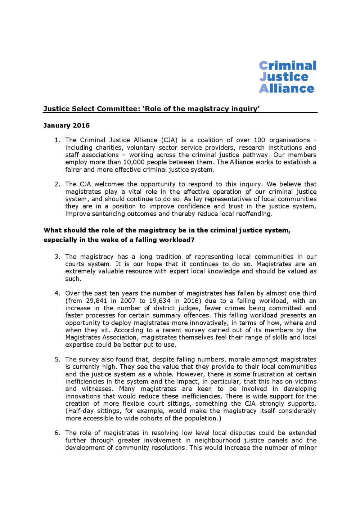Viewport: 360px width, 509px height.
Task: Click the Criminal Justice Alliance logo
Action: [x=287, y=77]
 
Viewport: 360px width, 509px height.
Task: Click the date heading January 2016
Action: [x=66, y=126]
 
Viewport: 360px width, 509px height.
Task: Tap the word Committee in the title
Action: [x=116, y=109]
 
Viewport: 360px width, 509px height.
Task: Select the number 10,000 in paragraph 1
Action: [x=136, y=162]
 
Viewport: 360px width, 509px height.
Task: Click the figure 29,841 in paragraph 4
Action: [x=96, y=301]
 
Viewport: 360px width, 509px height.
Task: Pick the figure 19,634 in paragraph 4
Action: [x=158, y=301]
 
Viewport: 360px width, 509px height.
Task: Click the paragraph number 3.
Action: [x=57, y=257]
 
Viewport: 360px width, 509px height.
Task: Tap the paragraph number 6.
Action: [x=57, y=433]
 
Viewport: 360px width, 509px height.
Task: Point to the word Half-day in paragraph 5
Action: [x=80, y=411]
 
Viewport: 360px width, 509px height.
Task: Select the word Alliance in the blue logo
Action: [x=286, y=89]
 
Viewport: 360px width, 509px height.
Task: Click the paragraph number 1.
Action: [x=57, y=140]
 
